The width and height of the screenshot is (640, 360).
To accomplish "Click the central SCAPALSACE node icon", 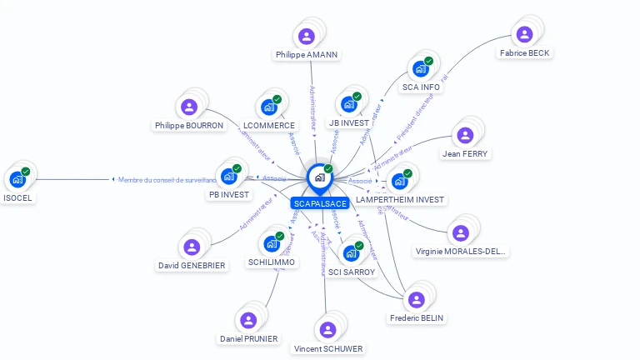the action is point(319,177).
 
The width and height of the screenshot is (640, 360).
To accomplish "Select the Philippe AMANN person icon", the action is point(307,36).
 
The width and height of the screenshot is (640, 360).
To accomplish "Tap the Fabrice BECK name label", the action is point(524,53).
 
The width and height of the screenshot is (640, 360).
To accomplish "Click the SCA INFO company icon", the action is point(421,68).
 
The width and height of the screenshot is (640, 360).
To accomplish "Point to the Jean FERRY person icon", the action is point(465,135).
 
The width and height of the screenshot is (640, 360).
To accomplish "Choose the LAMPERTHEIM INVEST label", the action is point(400,200).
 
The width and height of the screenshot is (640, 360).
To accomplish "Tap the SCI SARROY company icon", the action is point(351,253).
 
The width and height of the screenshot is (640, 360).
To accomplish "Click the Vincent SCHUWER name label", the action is point(328,348).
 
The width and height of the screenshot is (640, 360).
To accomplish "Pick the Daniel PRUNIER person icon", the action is point(248,320).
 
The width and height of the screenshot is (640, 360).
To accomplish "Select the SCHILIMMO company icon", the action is point(271,243).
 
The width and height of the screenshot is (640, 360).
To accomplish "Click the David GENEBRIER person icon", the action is point(192,247).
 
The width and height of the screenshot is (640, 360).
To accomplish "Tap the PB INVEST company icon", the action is point(228,176).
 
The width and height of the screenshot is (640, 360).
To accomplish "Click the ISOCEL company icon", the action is point(17,178).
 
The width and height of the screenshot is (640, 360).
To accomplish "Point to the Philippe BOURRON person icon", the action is point(189,107).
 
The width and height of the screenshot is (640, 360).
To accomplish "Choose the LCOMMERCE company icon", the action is point(269,107).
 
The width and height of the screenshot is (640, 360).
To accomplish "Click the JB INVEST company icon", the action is point(349,104).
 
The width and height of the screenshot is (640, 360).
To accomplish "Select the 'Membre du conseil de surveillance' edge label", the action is point(167,179).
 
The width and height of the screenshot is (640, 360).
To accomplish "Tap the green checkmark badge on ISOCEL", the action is point(26,172).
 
